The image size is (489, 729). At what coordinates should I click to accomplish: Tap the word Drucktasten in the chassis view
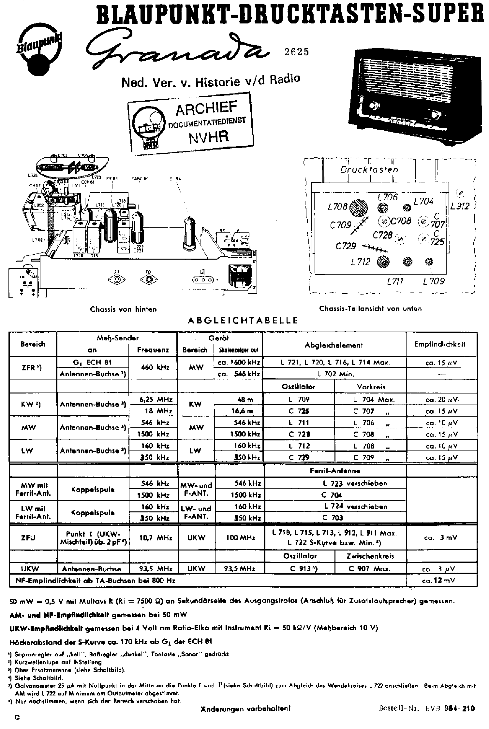pos(369,169)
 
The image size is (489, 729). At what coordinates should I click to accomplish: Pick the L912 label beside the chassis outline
pos(460,206)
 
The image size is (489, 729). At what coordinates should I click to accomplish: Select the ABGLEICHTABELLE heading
pos(243,321)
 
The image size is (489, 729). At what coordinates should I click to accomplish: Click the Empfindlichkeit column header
pos(440,344)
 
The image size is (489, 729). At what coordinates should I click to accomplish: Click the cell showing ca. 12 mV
pos(440,580)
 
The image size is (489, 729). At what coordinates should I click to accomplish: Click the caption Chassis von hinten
pos(123,309)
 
